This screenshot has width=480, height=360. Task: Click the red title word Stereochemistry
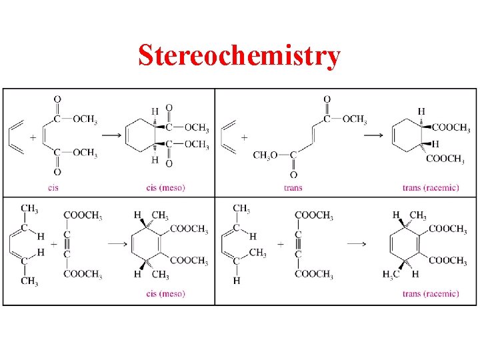[x=239, y=56]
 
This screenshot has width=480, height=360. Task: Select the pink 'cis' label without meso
[x=53, y=188]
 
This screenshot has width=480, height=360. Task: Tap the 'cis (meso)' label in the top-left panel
[x=165, y=188]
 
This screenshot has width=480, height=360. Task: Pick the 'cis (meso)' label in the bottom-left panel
[x=165, y=294]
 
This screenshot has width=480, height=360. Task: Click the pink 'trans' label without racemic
[x=293, y=188]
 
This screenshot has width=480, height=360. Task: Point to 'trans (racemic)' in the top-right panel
[x=431, y=188]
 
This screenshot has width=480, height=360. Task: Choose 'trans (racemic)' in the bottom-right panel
[x=431, y=294]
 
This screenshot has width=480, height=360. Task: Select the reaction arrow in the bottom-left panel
[x=117, y=243]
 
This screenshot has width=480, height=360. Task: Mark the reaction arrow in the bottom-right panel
[x=356, y=243]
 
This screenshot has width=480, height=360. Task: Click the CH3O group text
[x=265, y=156]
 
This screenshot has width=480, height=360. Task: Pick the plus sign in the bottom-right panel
[x=280, y=244]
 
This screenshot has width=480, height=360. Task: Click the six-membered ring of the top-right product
[x=407, y=137]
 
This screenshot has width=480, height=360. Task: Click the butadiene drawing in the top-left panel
[x=16, y=137]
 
